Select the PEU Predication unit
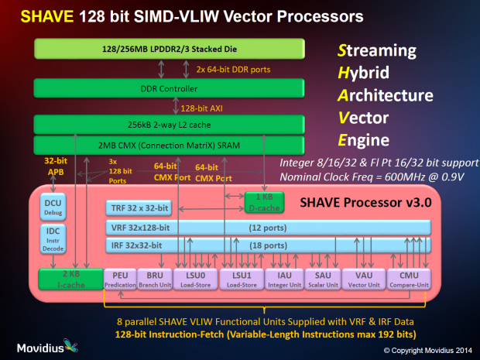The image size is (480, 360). (119, 279)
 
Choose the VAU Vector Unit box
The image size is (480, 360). (364, 279)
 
